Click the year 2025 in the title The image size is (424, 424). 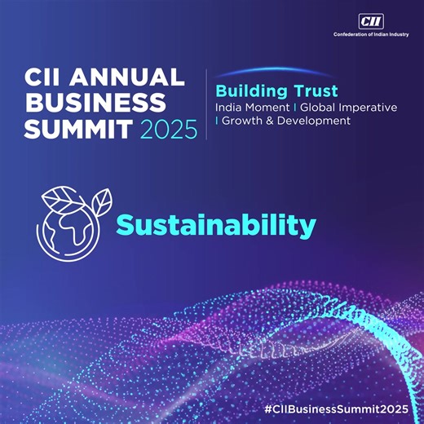(x=169, y=129)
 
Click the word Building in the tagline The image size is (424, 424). (x=248, y=91)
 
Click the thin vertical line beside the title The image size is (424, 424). (x=206, y=104)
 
